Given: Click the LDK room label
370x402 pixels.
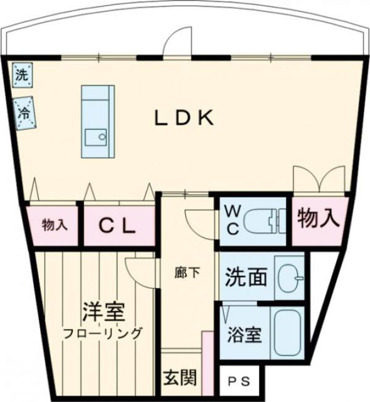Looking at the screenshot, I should coord(185,118).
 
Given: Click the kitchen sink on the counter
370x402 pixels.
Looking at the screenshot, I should coord(97,137).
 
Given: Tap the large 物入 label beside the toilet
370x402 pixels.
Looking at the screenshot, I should coord(319,219).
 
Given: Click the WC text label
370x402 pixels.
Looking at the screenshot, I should coord(231,219).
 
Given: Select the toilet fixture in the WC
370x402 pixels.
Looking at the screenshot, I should coord(262,221).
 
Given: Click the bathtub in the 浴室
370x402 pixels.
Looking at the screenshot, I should coord(288,332).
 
